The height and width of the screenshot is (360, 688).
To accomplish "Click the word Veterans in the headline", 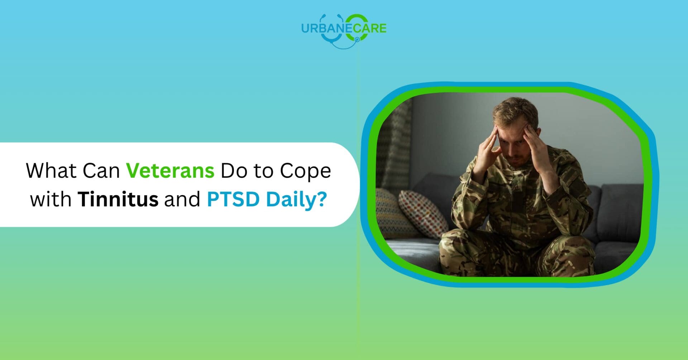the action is pos(170,171).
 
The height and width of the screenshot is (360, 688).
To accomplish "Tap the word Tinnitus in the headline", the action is pos(118,199).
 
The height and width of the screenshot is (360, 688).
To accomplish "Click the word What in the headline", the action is pos(52,171).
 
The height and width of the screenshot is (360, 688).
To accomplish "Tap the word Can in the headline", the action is pos(101,171).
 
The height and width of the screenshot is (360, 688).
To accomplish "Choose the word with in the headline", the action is pos(51,199).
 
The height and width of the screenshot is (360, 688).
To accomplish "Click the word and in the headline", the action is pos(182,199).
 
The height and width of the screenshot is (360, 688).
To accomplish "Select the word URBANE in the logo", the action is pos(327,28).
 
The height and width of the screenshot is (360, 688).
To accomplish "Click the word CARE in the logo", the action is pos(370,28).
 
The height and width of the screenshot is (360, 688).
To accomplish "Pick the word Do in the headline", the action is pos(234,171).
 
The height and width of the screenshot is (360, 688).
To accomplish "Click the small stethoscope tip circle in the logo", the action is pos(357,39).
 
